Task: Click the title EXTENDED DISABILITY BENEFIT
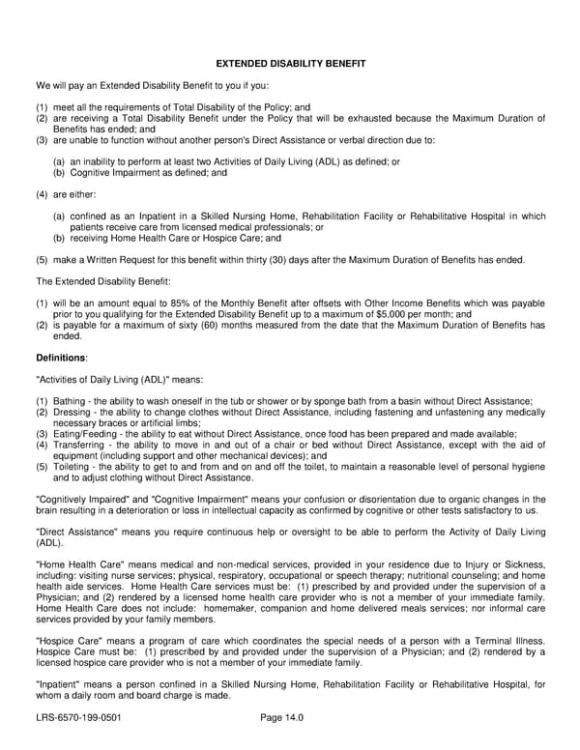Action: (x=290, y=64)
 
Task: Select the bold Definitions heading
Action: (x=61, y=358)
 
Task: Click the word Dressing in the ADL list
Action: (x=72, y=412)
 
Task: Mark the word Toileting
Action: (x=72, y=466)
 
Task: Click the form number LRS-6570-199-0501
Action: (x=78, y=719)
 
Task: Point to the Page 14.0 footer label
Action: (x=282, y=719)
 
